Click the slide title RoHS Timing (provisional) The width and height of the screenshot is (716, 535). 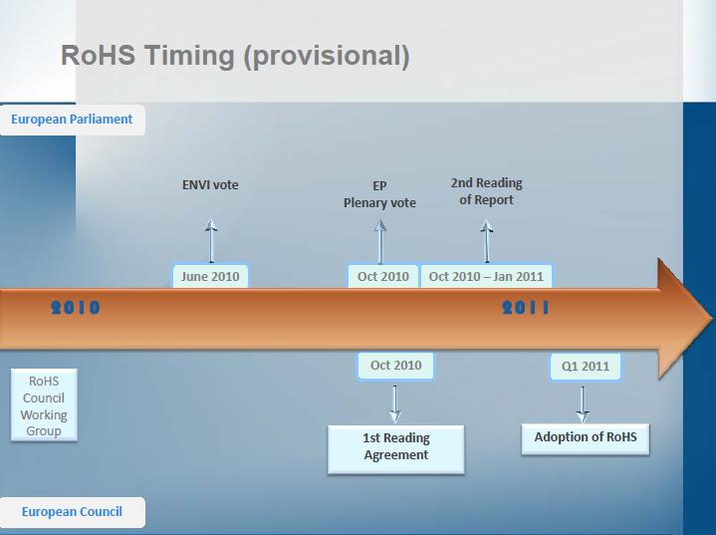click(235, 56)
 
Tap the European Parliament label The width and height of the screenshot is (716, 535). click(72, 120)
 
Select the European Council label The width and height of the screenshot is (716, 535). click(72, 512)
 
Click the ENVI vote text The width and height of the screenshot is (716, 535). click(210, 185)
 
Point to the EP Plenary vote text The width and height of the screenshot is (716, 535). click(379, 194)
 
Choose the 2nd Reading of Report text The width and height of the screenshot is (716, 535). click(486, 191)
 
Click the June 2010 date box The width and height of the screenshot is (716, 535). click(210, 276)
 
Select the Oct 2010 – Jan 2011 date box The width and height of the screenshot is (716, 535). click(486, 276)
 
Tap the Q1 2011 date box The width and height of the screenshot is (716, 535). click(586, 367)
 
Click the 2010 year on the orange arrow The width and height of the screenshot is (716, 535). click(76, 308)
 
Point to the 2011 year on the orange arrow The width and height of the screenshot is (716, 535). click(526, 308)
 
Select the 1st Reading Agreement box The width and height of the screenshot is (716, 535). click(396, 449)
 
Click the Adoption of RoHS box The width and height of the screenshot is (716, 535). click(586, 439)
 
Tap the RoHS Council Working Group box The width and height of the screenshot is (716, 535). click(44, 405)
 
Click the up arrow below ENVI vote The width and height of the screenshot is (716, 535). click(211, 241)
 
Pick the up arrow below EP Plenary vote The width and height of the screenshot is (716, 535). click(380, 242)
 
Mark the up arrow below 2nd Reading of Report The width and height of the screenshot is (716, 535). click(487, 241)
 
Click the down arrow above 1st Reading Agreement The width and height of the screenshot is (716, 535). click(395, 404)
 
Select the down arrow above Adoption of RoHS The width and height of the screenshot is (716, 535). click(583, 404)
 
